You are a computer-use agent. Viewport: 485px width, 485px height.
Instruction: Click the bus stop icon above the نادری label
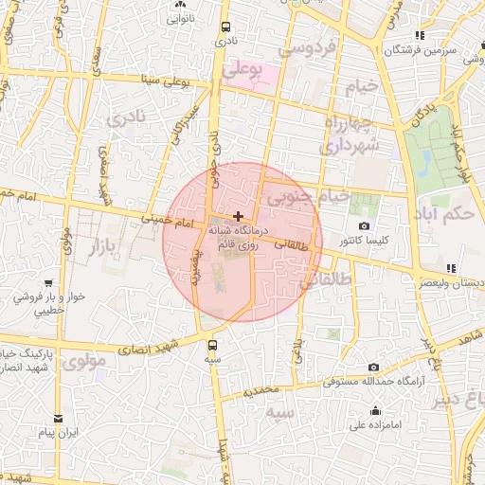point(225,27)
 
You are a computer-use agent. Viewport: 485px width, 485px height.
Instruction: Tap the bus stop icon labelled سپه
point(211,346)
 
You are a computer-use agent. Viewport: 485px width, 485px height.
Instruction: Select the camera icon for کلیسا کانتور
point(365,225)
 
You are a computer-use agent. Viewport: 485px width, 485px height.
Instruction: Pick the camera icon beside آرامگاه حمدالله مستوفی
point(373,368)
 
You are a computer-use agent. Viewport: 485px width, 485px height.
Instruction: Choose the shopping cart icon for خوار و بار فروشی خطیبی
point(21,296)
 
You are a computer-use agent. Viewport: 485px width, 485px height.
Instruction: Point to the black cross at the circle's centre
point(237,217)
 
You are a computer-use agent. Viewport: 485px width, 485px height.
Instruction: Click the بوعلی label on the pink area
point(242,71)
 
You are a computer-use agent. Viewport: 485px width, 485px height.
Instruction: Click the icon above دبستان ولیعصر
point(450,268)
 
